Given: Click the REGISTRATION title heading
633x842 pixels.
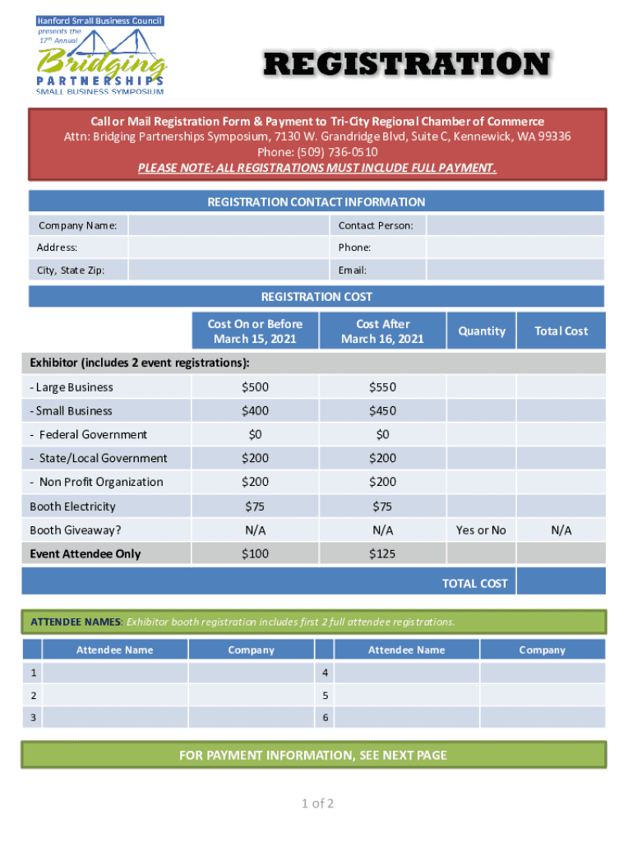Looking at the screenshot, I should click(x=406, y=65).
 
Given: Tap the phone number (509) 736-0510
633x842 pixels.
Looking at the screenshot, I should click(x=317, y=153).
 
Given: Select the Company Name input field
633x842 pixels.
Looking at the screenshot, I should click(x=229, y=225).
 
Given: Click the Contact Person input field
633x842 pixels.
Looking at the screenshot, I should click(x=515, y=225).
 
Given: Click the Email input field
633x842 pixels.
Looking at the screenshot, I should click(x=515, y=271).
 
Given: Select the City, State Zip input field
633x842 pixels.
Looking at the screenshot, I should click(x=229, y=271).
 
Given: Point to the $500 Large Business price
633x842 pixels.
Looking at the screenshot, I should click(x=255, y=387).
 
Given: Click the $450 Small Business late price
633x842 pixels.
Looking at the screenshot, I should click(x=382, y=411).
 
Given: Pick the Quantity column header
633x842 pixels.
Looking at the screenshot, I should click(x=482, y=331).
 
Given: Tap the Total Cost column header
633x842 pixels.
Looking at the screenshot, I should click(x=561, y=331).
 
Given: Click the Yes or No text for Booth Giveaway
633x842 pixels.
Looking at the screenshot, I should click(x=481, y=530).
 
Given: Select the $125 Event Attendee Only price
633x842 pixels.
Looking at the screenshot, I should click(x=382, y=554).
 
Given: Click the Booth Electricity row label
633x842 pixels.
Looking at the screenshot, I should click(x=72, y=507).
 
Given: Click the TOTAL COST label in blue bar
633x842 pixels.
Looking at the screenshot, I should click(x=474, y=584).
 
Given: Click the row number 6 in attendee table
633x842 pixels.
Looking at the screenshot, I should click(x=326, y=718).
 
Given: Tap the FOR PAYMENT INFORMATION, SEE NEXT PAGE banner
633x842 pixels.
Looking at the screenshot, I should click(x=313, y=755).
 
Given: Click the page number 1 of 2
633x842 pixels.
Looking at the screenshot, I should click(x=316, y=803).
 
